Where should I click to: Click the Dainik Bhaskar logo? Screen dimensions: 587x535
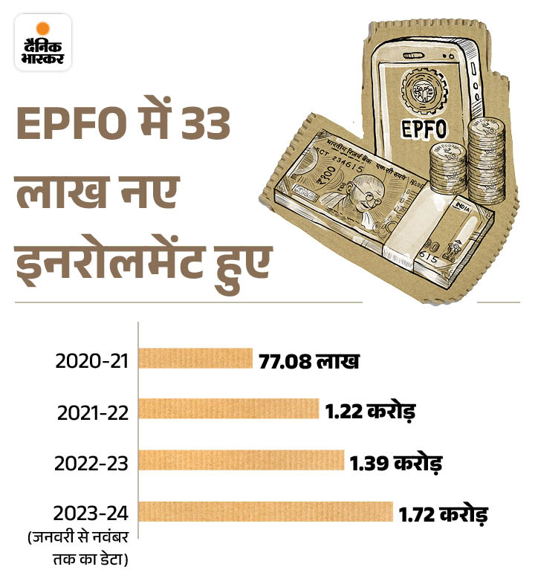click(42, 42)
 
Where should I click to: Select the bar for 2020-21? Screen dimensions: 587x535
click(195, 360)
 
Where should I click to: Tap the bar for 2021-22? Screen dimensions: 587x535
click(228, 409)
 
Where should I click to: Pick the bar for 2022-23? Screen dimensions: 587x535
click(241, 460)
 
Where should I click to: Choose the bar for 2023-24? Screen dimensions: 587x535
click(265, 511)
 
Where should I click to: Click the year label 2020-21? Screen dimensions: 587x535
click(92, 362)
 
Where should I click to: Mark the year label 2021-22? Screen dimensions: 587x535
click(92, 412)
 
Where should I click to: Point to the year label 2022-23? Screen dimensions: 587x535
click(92, 463)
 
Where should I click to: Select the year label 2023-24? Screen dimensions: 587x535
click(92, 513)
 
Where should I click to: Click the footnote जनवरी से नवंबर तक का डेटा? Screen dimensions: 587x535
click(76, 548)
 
